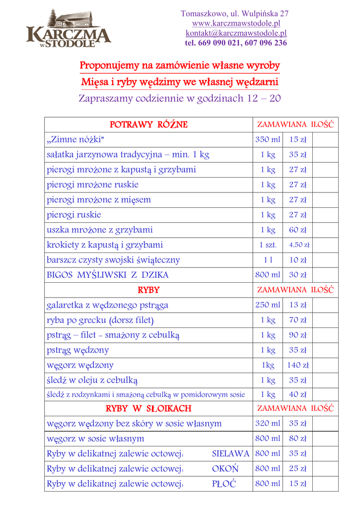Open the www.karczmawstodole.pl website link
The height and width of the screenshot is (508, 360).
(x=236, y=23)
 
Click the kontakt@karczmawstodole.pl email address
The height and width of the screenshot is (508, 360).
(x=236, y=33)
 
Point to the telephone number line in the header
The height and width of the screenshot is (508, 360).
(x=236, y=43)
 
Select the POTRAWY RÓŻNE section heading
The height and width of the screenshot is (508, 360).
(x=148, y=124)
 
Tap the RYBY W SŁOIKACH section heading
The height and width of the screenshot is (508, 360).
(x=148, y=408)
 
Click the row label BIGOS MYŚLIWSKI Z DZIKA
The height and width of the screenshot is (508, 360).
(x=108, y=274)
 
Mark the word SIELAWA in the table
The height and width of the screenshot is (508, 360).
(x=230, y=453)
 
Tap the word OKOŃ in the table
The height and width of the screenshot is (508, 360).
(x=225, y=469)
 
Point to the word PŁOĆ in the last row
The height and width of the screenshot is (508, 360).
(x=224, y=484)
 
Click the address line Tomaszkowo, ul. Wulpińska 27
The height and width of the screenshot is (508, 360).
(x=235, y=13)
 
